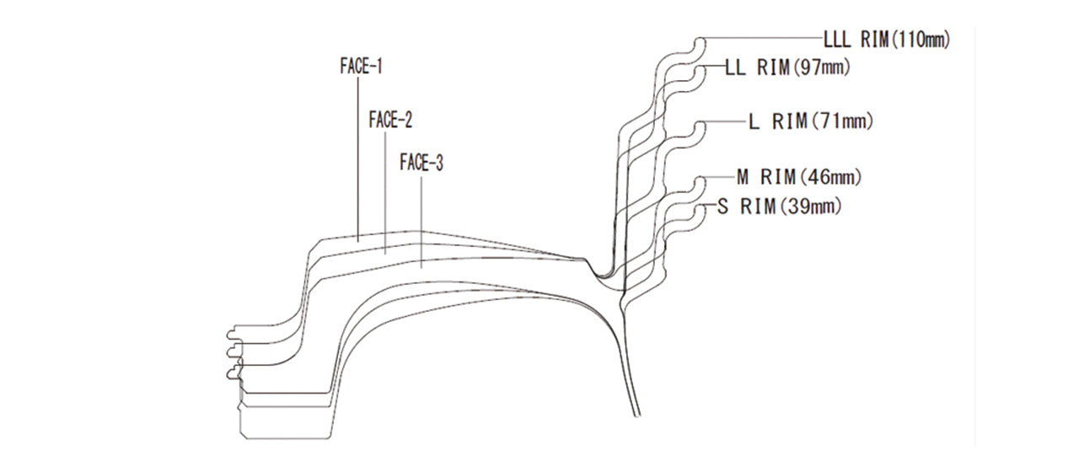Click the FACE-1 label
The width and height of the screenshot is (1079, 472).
click(362, 67)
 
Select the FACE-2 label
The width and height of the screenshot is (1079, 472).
click(390, 120)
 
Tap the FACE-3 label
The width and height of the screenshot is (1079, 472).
click(421, 163)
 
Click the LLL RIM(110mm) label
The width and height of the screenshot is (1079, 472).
click(887, 40)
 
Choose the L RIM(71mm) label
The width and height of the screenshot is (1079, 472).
click(811, 121)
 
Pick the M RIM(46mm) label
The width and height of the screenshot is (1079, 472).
click(799, 177)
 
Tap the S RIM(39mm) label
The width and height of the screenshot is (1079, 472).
click(780, 206)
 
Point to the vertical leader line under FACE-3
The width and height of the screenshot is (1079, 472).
click(421, 222)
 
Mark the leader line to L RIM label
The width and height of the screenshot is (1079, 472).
click(724, 121)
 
